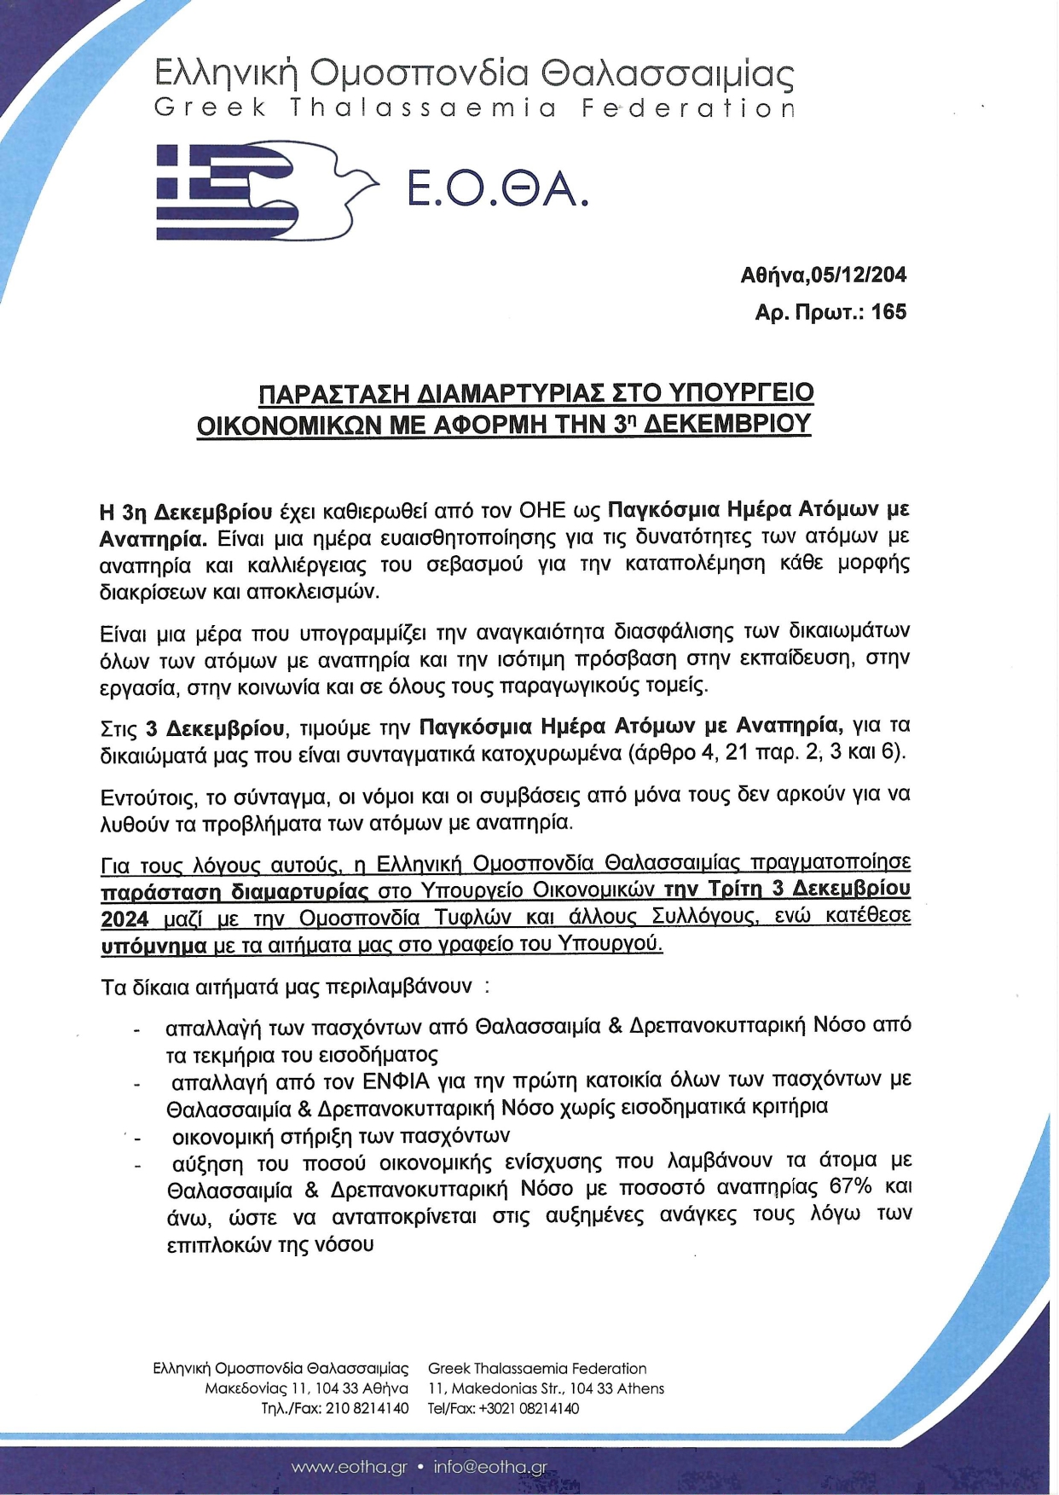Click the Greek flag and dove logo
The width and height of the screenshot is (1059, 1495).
[x=266, y=190]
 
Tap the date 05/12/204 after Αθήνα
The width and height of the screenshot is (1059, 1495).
[x=859, y=275]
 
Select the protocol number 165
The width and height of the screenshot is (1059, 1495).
[x=889, y=312]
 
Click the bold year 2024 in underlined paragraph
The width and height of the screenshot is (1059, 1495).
[x=124, y=918]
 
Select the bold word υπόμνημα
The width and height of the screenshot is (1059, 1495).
[x=153, y=945]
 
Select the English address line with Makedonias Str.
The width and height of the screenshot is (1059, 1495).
[x=546, y=1388]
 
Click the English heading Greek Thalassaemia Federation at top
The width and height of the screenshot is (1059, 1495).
[x=474, y=109]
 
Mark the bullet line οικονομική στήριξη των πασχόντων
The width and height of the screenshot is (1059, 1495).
[x=340, y=1136]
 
